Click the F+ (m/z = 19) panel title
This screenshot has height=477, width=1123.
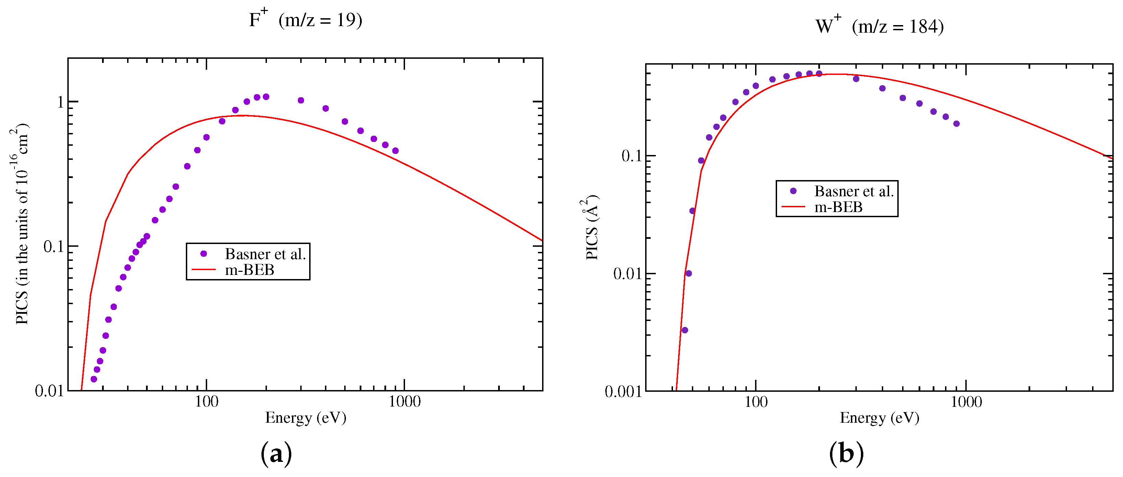tap(305, 20)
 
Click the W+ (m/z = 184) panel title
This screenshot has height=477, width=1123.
tap(879, 26)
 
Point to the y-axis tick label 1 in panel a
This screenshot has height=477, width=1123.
tap(60, 102)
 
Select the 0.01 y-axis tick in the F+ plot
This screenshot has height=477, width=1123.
tap(49, 391)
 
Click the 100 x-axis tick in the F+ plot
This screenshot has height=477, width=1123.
tap(206, 401)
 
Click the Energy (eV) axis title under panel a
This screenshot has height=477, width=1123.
tap(306, 418)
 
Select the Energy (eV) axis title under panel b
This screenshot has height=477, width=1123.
tap(879, 418)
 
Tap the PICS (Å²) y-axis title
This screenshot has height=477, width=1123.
tap(592, 228)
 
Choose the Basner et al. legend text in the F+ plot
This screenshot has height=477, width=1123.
tap(265, 254)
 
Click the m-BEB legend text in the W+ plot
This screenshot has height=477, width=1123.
tap(838, 207)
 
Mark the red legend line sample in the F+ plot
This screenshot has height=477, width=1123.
tap(204, 270)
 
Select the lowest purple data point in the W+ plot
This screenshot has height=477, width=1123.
tap(684, 330)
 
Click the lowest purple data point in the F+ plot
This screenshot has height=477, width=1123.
tap(94, 379)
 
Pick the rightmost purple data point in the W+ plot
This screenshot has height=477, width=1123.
tap(956, 124)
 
